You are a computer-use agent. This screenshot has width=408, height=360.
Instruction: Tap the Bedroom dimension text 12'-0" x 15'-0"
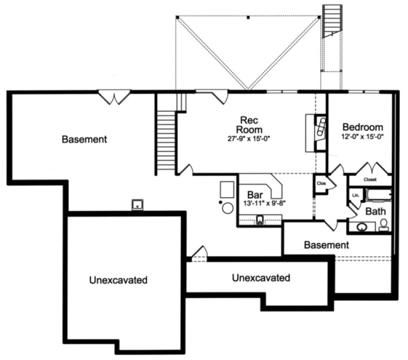point(362,137)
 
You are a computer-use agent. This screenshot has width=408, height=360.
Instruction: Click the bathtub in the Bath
point(378,195)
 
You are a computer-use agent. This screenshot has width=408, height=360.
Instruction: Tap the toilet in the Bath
point(384,224)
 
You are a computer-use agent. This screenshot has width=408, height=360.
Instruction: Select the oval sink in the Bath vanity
point(359,226)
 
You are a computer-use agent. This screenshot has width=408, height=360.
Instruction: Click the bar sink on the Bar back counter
point(260,219)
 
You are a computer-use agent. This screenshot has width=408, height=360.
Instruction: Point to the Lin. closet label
point(356,195)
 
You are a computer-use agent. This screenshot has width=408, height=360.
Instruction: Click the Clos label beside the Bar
point(321,183)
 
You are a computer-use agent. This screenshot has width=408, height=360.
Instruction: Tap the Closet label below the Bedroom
point(370,179)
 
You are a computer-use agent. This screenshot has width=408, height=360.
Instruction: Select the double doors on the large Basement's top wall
point(114,98)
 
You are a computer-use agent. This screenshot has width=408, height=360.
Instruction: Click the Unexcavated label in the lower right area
point(261,278)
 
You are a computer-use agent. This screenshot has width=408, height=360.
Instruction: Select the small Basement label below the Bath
point(326,245)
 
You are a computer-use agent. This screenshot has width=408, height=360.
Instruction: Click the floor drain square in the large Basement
point(138,204)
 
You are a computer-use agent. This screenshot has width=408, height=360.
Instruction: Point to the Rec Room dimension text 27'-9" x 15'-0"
point(249,139)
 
